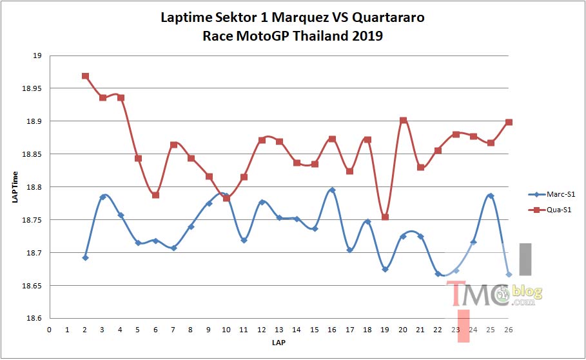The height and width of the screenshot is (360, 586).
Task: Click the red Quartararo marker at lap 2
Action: click(x=85, y=76)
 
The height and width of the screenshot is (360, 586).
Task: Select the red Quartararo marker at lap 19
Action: click(x=385, y=217)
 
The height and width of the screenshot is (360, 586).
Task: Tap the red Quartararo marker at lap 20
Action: click(x=403, y=121)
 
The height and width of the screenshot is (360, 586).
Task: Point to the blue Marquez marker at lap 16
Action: click(x=332, y=190)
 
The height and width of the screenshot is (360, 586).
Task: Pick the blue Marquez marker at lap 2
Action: click(x=85, y=257)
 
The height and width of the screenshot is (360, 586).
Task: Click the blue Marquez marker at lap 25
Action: click(x=491, y=196)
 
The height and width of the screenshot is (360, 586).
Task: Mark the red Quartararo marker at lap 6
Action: click(x=156, y=195)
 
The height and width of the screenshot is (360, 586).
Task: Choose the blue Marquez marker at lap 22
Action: click(x=438, y=274)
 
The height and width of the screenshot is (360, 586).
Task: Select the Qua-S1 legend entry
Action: click(x=550, y=210)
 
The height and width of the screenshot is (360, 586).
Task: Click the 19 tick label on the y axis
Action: click(x=37, y=55)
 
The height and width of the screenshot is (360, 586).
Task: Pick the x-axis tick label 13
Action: click(x=278, y=330)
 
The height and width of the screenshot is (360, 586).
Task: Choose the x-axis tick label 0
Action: click(x=50, y=330)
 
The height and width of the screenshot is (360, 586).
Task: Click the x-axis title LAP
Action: click(x=278, y=343)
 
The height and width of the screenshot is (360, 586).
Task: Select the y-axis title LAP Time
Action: click(x=15, y=187)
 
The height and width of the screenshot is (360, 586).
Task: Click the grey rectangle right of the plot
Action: click(x=525, y=259)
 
